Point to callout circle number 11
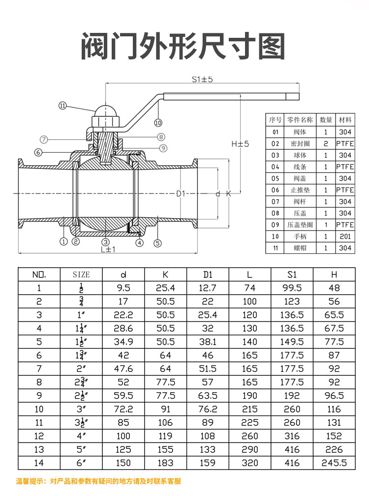point(62,105)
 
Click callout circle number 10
point(158,122)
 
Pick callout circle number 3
point(105,242)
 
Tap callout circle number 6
point(38,152)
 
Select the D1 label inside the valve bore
point(181,194)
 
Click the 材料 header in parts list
point(345,120)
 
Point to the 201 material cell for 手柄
point(345,237)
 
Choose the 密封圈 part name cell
point(300,143)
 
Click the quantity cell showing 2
point(326,143)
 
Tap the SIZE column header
point(81,275)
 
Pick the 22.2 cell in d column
point(123,315)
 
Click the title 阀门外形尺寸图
point(183,47)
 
